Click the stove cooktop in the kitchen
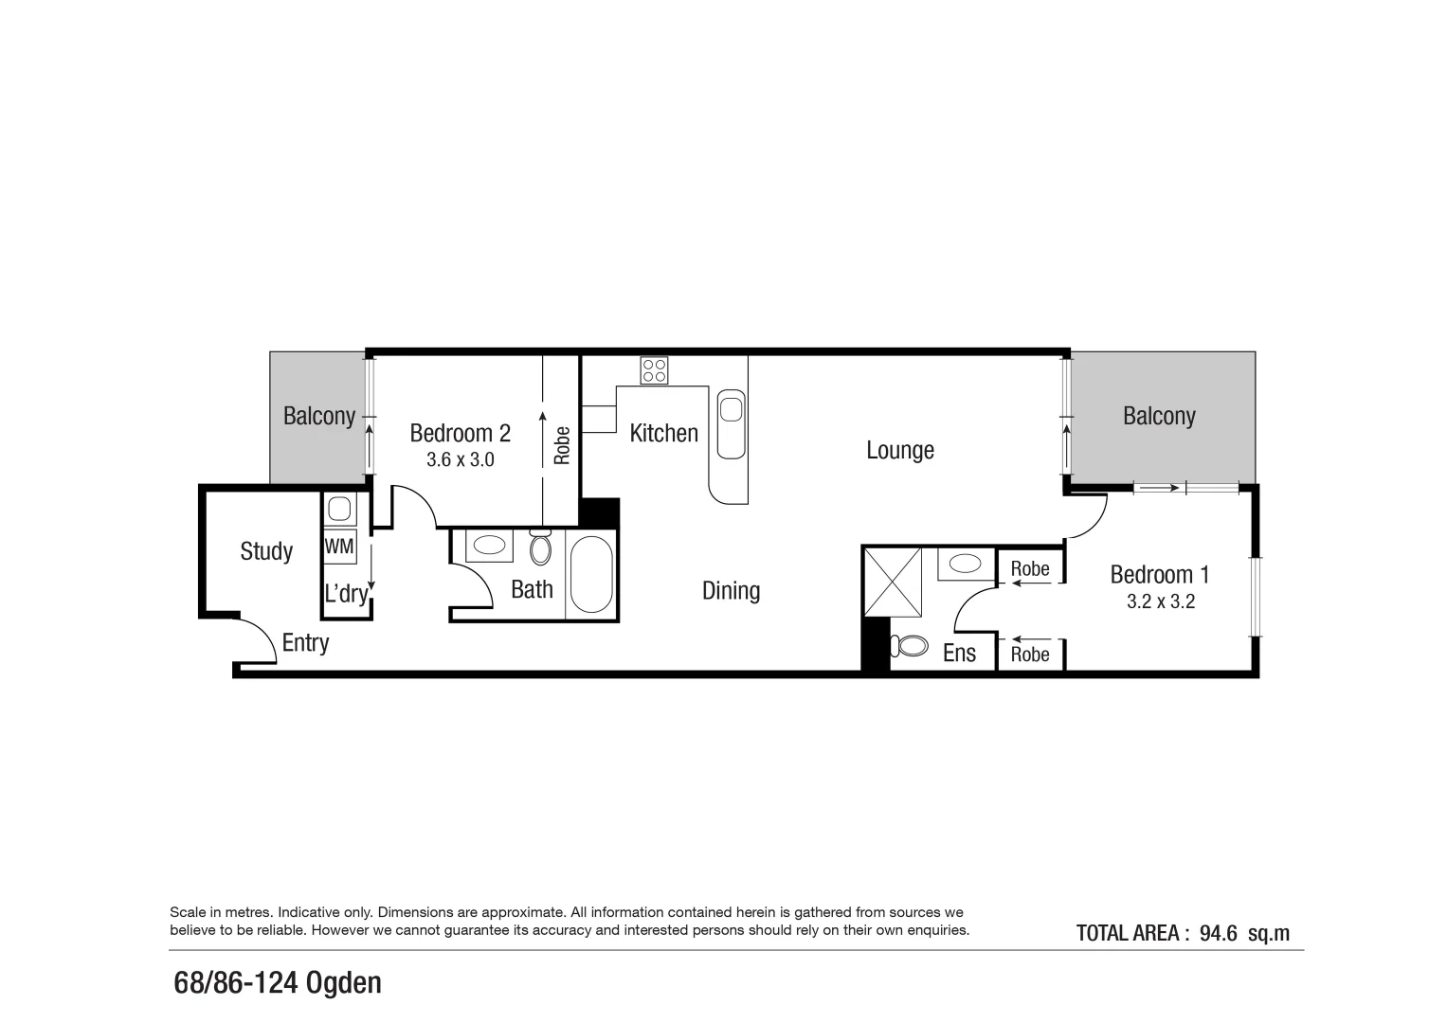point(654,369)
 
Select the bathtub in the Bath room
point(591,575)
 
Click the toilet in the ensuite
point(911,646)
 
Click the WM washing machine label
point(339,547)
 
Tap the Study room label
point(266,551)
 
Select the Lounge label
point(899,450)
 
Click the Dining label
point(731,591)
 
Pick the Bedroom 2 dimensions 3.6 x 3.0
point(460,460)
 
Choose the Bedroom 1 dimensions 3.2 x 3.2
point(1160,601)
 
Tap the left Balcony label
point(319,416)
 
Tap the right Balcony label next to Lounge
point(1158,416)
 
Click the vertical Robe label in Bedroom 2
point(562,445)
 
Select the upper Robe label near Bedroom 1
point(1029,568)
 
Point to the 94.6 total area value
point(1218,933)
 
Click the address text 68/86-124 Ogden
point(278,983)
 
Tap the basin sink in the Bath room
point(489,546)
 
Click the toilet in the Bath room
point(540,547)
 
